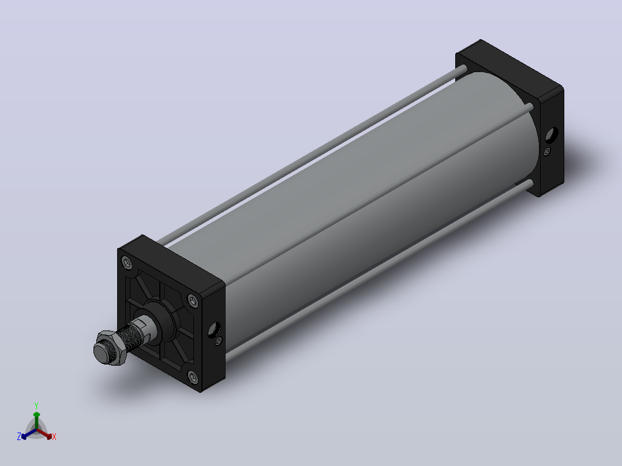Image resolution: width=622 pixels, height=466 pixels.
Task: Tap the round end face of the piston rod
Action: pos(103,352)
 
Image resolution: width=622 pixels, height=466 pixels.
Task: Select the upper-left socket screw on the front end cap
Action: pos(127,263)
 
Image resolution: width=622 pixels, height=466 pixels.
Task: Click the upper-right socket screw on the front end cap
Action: pos(193,301)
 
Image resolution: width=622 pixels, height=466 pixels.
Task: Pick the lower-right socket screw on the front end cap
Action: pos(193,377)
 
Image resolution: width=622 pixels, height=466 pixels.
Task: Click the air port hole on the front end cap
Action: pos(214,329)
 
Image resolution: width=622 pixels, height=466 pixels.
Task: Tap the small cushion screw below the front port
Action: pos(219,341)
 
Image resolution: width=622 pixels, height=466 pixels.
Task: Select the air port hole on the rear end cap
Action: pos(552,135)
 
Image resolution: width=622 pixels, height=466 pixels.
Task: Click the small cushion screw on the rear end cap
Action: pos(547,151)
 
